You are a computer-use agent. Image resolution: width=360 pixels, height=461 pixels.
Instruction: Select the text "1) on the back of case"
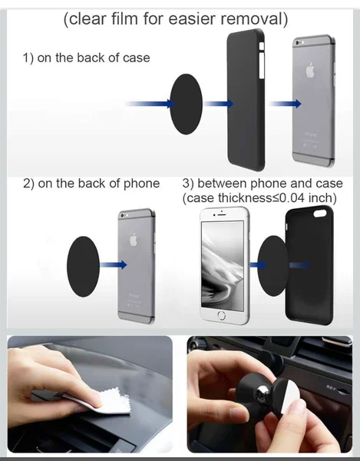(86, 58)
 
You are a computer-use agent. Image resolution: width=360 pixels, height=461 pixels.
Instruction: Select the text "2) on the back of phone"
(91, 183)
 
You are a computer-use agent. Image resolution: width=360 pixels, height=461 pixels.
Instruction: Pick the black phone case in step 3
(310, 265)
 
